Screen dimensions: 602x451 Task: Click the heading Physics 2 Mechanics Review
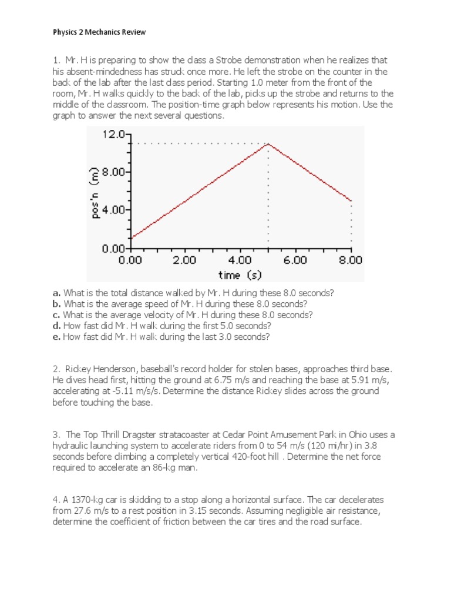[x=99, y=32]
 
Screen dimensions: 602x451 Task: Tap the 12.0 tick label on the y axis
[x=113, y=135]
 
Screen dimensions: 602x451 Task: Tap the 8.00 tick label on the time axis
[x=351, y=259]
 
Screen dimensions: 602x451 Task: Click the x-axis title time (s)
[x=240, y=274]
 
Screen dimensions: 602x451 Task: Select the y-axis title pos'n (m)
[x=94, y=191]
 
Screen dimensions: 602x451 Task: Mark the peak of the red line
[x=268, y=143]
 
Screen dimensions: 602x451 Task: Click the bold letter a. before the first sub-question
[x=56, y=293]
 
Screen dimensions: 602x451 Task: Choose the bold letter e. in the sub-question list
[x=56, y=337]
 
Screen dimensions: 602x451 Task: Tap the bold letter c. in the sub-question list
[x=56, y=315]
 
